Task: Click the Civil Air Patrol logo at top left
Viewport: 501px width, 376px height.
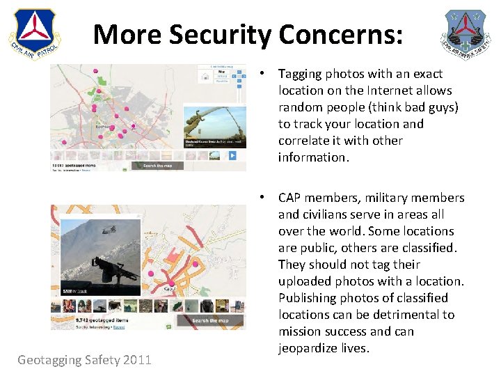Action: (35, 33)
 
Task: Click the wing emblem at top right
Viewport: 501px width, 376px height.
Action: (466, 33)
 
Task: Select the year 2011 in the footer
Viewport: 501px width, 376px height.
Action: (136, 360)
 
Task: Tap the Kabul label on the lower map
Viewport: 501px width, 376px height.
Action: (169, 288)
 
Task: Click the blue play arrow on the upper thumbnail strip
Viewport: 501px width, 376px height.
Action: (234, 156)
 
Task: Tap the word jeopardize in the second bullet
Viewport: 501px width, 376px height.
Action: (310, 348)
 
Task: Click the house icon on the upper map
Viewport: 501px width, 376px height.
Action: (207, 78)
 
